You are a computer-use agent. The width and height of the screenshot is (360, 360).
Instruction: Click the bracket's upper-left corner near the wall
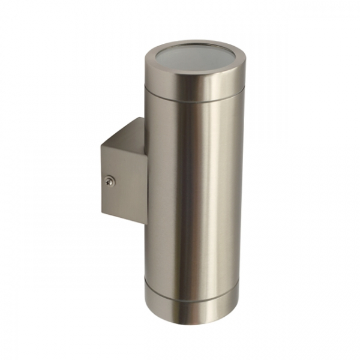pos(101,143)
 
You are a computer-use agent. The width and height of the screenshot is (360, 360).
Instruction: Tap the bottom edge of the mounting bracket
pos(123,218)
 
